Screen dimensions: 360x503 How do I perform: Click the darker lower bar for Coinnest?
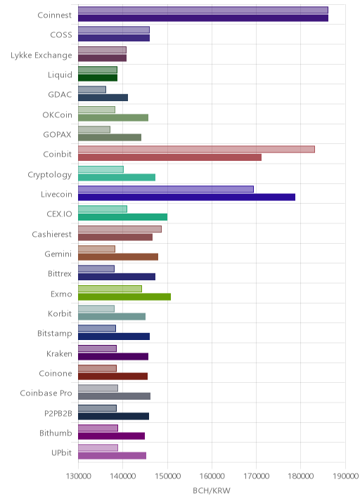[203, 18]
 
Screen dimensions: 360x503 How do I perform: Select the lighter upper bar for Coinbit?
[196, 149]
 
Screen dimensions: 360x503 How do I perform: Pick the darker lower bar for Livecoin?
[186, 197]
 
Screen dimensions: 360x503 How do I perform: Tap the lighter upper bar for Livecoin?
[166, 189]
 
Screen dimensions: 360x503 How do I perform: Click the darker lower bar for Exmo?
[124, 296]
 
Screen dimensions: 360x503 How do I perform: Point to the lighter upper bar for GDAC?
[92, 89]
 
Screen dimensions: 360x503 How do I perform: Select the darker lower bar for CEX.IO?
[122, 217]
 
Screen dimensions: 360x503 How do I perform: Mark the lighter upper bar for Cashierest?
[120, 229]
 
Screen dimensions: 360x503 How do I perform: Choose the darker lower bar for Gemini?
[118, 256]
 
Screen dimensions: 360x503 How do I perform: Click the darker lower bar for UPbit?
[112, 455]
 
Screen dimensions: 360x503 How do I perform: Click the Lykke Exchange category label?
[41, 55]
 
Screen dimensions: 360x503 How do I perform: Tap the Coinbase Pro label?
[46, 393]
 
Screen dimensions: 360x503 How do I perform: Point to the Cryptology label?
[50, 175]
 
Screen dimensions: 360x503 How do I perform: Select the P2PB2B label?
[58, 413]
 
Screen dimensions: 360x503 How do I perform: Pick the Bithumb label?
[56, 433]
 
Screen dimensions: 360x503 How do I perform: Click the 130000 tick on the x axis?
[78, 476]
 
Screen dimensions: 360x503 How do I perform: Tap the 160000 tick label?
[212, 476]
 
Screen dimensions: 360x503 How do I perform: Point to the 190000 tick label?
[345, 476]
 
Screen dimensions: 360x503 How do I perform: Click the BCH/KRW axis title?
[212, 490]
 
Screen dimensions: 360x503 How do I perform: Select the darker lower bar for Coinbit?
[169, 157]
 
